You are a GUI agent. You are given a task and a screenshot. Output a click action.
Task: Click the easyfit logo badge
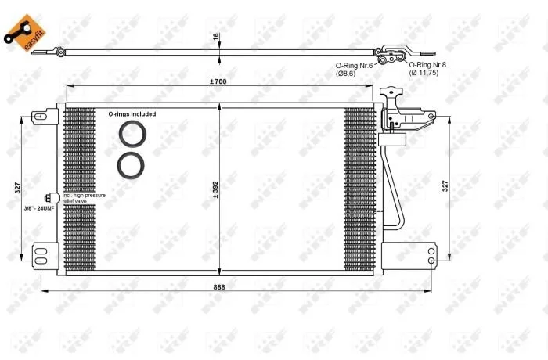(24, 33)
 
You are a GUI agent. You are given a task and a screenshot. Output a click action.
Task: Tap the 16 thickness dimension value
(215, 36)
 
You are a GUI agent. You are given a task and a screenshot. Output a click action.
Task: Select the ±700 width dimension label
(218, 81)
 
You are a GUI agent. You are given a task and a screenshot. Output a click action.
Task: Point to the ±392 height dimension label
(215, 190)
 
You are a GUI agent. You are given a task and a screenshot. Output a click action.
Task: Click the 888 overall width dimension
(219, 287)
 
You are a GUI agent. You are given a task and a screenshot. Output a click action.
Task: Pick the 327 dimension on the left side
(18, 188)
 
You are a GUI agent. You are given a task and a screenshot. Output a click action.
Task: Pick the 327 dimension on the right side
(445, 186)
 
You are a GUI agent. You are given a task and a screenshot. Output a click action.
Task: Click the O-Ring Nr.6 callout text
(354, 66)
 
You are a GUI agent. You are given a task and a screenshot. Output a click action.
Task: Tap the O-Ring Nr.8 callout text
(427, 65)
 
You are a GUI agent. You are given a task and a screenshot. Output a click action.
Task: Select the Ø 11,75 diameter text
(424, 73)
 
